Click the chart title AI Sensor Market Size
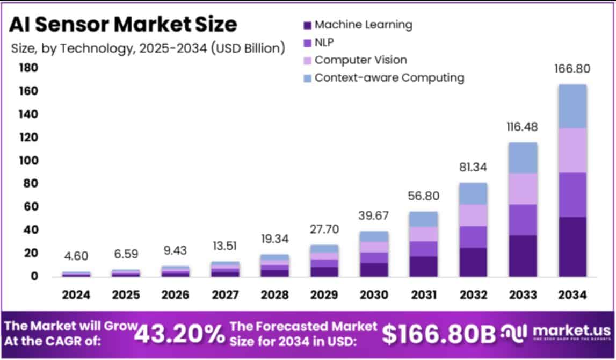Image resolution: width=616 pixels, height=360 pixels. coord(124,24)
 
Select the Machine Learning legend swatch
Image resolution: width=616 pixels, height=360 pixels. coord(307,25)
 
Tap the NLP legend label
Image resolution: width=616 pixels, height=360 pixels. coord(324,42)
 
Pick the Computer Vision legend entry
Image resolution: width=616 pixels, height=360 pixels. coord(360,60)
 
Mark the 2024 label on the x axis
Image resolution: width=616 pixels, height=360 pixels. coord(76,295)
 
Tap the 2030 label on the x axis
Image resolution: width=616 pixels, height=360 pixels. coord(374,295)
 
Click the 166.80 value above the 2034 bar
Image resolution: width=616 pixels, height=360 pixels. coord(572,69)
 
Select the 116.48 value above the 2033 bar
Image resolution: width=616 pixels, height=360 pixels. coord(523,127)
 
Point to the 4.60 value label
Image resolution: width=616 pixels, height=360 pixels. coord(76,256)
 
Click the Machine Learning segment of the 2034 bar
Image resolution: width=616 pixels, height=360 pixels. coord(572,247)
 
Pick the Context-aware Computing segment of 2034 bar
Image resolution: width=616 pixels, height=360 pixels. coord(572,106)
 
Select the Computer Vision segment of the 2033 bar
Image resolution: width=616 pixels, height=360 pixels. coord(523,189)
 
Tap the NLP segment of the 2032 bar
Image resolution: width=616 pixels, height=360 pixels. coord(473,237)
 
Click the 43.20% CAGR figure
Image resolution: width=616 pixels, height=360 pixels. coord(179,334)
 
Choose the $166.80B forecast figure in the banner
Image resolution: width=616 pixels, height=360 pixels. coord(438,334)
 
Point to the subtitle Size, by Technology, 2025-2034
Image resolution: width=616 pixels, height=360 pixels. coord(148,48)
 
